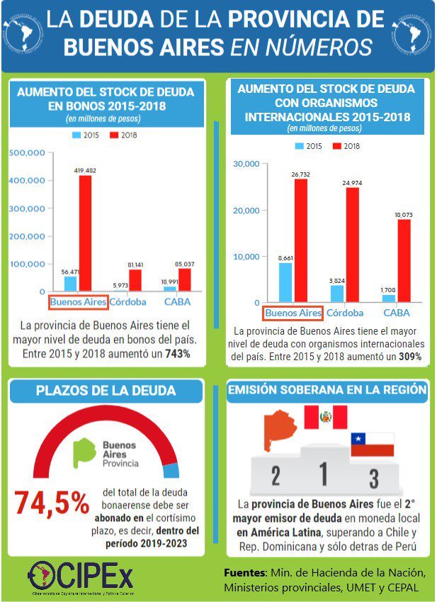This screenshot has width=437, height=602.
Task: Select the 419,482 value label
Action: (85, 170)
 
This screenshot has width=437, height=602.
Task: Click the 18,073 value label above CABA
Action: (404, 214)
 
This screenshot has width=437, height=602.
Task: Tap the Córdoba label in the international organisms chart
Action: (346, 313)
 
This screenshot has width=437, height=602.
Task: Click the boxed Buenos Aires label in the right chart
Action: (293, 313)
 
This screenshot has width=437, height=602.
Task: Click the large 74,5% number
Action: (52, 503)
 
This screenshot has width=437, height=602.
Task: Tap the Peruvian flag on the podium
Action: (326, 418)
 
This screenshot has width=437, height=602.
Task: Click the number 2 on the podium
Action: (276, 476)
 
